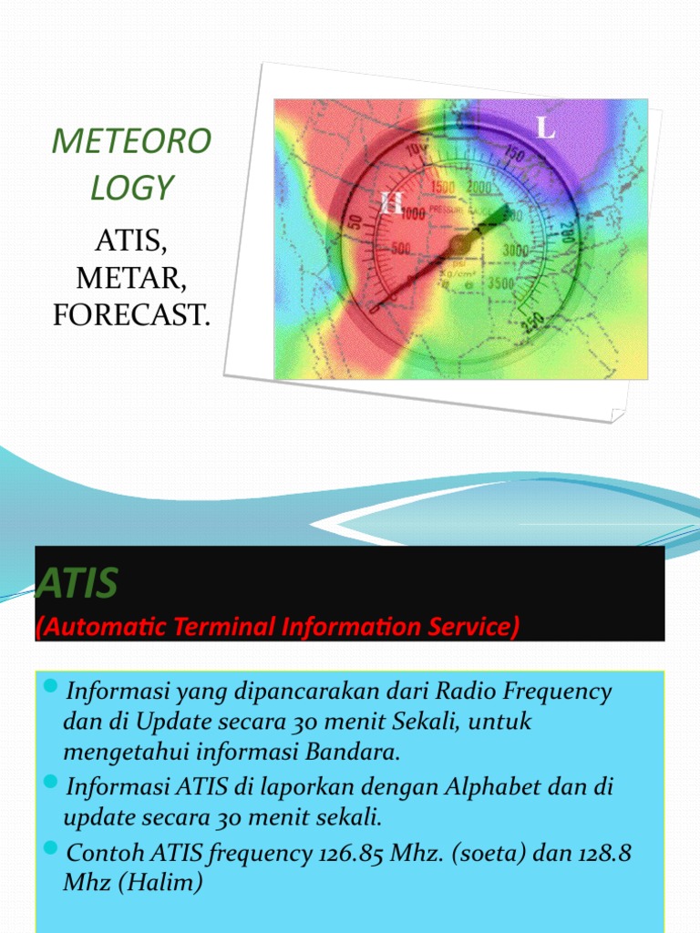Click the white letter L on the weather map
[x=545, y=128]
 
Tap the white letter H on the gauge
[x=392, y=203]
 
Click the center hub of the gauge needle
[x=458, y=243]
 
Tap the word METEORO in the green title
[x=131, y=141]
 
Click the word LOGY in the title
[x=131, y=187]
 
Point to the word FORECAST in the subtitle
[x=131, y=315]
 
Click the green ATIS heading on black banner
[x=77, y=584]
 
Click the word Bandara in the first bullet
[x=356, y=754]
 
